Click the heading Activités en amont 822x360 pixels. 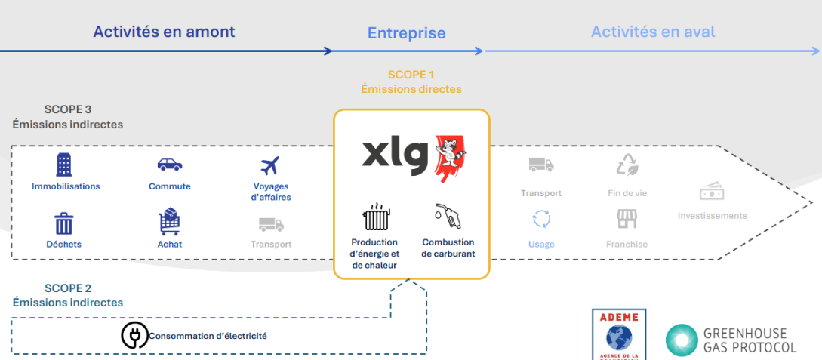(164, 32)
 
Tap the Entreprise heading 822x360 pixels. (406, 33)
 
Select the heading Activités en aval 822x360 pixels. (652, 32)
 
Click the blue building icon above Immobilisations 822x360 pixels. (65, 165)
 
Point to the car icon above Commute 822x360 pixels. (169, 165)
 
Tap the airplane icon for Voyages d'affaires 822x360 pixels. (269, 165)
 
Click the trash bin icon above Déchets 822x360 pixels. (64, 223)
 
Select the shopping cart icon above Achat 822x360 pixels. (169, 222)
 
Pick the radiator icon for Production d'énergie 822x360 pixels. (374, 218)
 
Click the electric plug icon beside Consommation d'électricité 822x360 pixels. (134, 336)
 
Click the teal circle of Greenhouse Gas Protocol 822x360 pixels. (681, 340)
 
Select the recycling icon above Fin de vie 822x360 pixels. (627, 165)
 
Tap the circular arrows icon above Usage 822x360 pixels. (541, 219)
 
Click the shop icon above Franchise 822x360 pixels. (627, 219)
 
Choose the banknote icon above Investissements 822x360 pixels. (712, 192)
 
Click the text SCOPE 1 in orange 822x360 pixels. (411, 75)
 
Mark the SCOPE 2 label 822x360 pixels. (68, 288)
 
